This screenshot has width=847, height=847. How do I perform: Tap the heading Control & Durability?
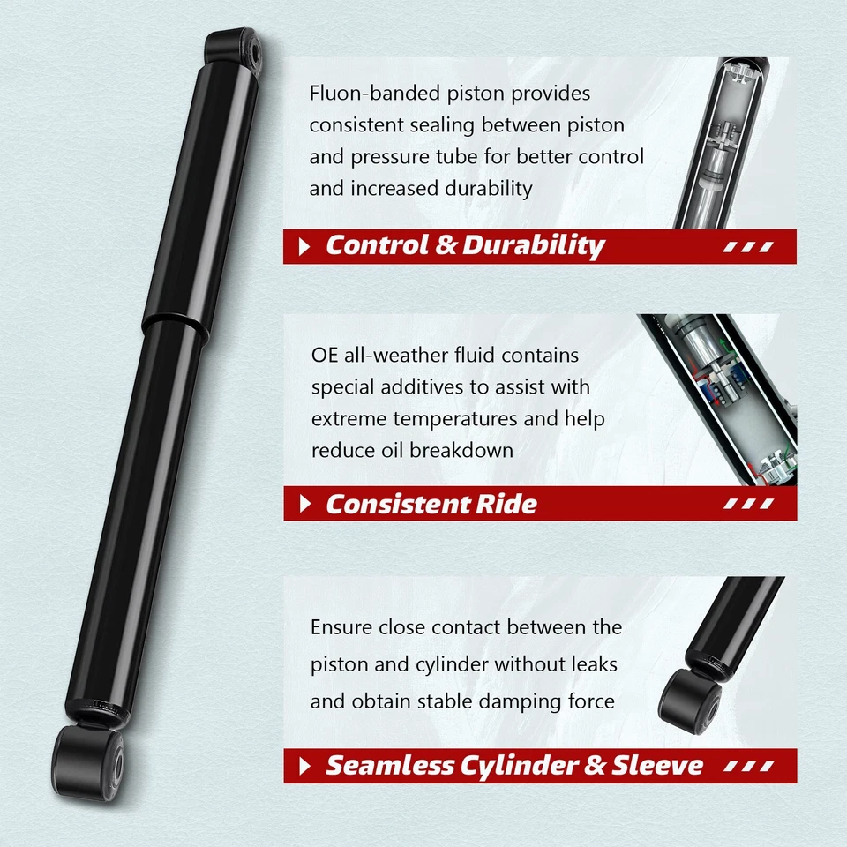(465, 246)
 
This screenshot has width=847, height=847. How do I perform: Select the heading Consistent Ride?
(431, 504)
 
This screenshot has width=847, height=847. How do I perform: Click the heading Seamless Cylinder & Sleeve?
(514, 765)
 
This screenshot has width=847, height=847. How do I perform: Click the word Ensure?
(341, 628)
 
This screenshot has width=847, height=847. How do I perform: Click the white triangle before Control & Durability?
(305, 247)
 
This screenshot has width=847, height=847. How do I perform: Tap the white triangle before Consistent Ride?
(305, 505)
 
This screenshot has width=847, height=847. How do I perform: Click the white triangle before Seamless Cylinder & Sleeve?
(305, 766)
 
